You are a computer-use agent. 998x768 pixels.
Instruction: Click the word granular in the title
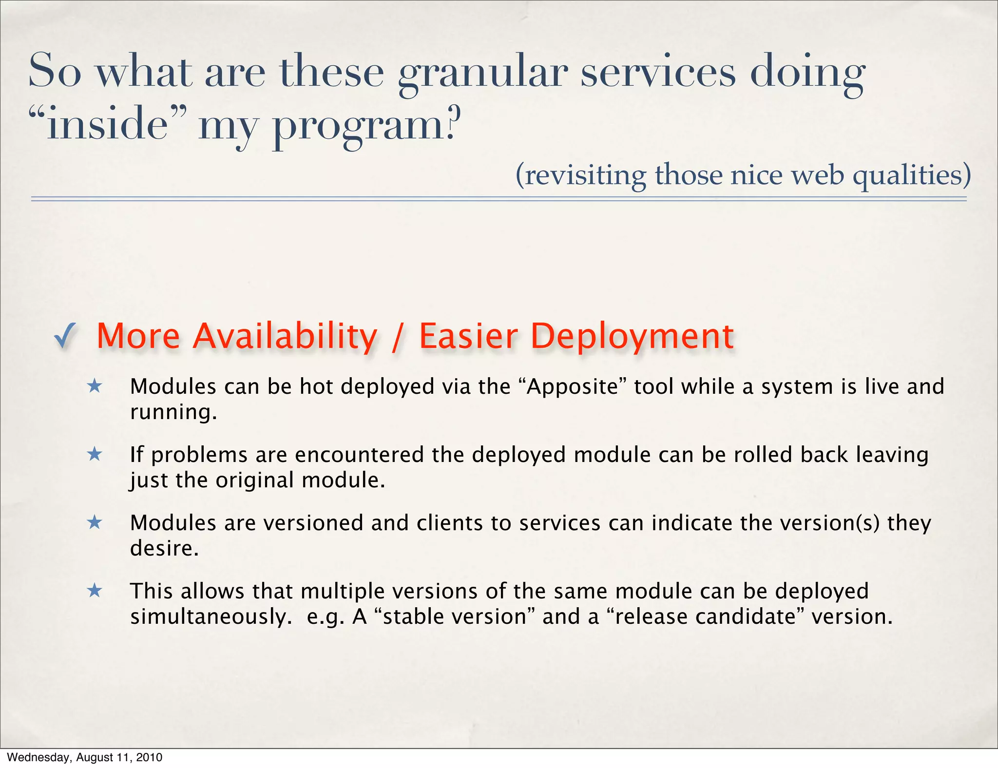[x=482, y=73]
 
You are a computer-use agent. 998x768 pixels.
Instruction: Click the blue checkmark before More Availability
[x=65, y=336]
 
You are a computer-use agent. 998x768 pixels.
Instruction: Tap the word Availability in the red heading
[x=285, y=336]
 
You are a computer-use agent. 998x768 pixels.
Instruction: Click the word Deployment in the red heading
[x=632, y=336]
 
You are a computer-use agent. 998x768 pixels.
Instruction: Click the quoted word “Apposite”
[x=573, y=387]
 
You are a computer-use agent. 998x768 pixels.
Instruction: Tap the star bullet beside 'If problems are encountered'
[x=95, y=455]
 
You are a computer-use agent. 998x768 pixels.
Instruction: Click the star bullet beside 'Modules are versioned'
[x=95, y=523]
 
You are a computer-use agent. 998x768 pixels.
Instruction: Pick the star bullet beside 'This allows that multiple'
[x=95, y=591]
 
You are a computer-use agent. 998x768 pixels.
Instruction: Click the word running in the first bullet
[x=173, y=413]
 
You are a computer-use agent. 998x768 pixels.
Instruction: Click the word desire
[x=164, y=549]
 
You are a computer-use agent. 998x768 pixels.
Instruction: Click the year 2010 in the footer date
[x=149, y=757]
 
